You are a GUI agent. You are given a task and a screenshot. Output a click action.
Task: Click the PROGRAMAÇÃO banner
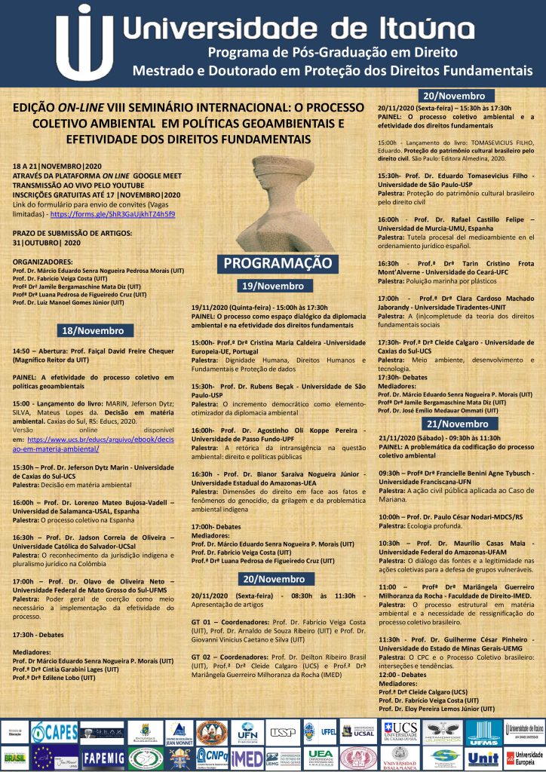[275, 264]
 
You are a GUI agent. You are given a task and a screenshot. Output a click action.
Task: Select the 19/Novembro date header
[272, 286]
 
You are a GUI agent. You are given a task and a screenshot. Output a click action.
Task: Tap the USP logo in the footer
[282, 731]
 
